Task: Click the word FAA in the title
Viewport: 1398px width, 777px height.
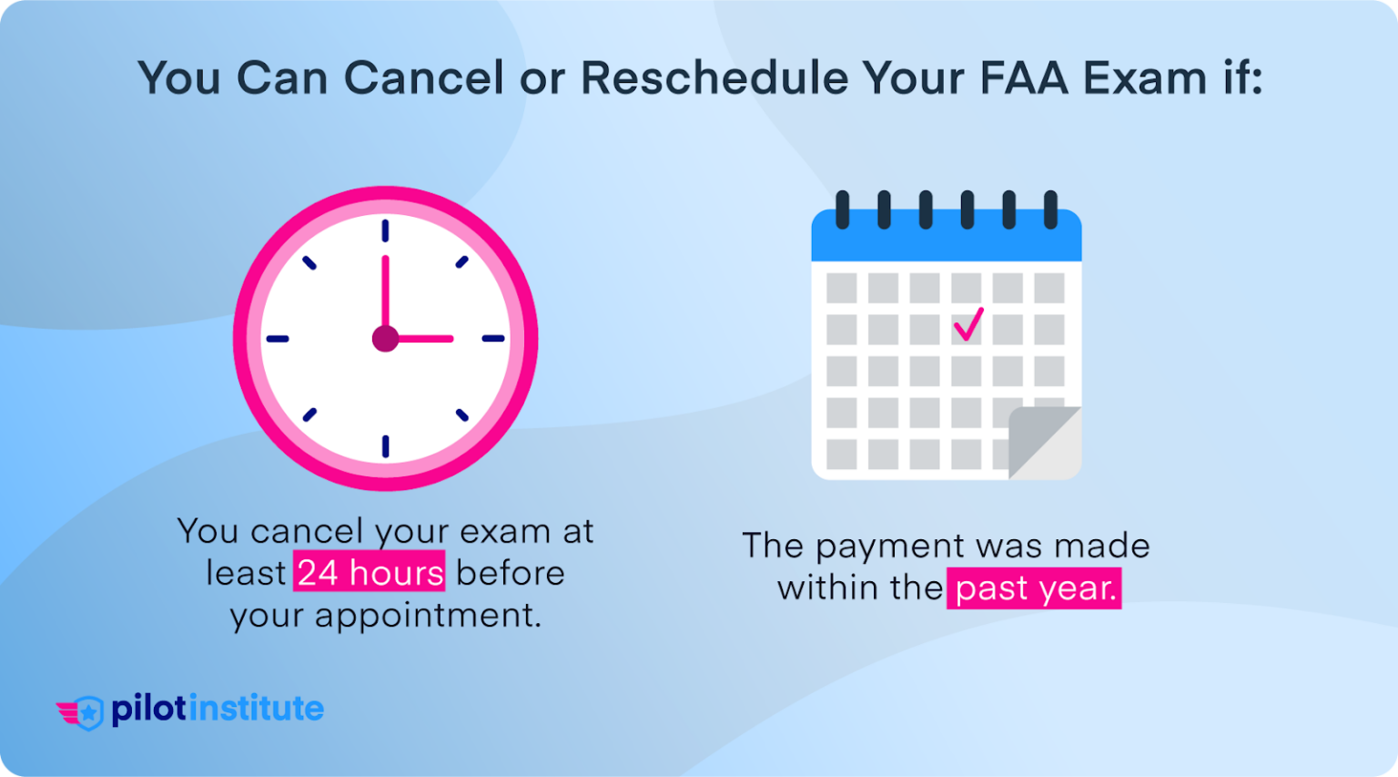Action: [x=1024, y=77]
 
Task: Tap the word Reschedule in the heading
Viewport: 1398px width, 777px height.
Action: [x=714, y=77]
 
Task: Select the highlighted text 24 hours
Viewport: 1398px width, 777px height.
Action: [x=370, y=573]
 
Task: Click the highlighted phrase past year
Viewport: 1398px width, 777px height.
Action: [x=1035, y=588]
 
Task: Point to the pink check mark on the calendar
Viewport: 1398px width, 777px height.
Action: [x=968, y=324]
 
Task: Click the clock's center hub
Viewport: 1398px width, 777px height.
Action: [x=385, y=339]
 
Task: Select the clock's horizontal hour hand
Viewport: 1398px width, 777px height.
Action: [x=424, y=339]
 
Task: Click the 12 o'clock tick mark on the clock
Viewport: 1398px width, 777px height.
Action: [x=385, y=230]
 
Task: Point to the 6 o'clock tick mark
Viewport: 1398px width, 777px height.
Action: [x=385, y=446]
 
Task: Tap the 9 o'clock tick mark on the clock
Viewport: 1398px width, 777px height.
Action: [x=278, y=339]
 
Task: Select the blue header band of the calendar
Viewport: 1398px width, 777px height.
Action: [x=946, y=241]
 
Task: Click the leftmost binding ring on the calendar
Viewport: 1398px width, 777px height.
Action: [x=842, y=210]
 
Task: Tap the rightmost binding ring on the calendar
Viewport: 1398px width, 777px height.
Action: [x=1050, y=210]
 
